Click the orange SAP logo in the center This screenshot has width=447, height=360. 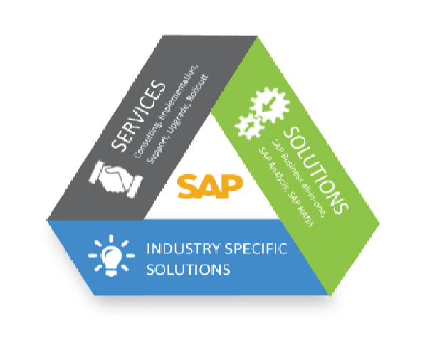pos(210,186)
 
